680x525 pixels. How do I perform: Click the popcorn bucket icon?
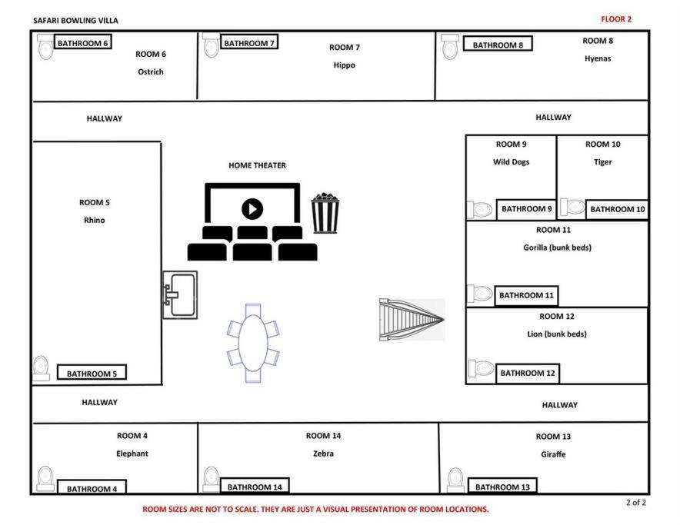pos(325,213)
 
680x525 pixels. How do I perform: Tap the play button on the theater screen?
pos(252,209)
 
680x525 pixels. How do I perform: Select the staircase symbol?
pos(412,320)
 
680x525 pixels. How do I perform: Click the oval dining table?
pos(253,343)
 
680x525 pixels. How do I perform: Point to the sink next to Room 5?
pos(180,295)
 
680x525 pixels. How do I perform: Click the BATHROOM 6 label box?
pos(82,42)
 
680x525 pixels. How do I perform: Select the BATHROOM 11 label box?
pos(526,296)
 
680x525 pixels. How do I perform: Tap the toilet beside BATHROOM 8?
pos(450,46)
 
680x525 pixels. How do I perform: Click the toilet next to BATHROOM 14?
pos(212,479)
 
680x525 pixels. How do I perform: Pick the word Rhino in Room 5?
pos(94,221)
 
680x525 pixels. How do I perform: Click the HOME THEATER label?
pos(257,165)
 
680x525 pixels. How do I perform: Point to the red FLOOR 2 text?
pos(616,19)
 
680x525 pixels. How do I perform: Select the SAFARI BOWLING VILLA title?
pos(75,21)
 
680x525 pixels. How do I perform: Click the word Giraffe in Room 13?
pos(553,454)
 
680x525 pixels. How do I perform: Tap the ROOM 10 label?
pos(603,145)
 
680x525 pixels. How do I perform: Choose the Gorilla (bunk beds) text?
pos(557,248)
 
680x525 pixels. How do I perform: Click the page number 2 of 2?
pos(635,503)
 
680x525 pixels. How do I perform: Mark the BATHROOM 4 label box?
pos(92,487)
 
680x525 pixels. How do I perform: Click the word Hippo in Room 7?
pos(345,65)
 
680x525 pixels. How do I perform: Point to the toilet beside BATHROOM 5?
pos(42,367)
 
